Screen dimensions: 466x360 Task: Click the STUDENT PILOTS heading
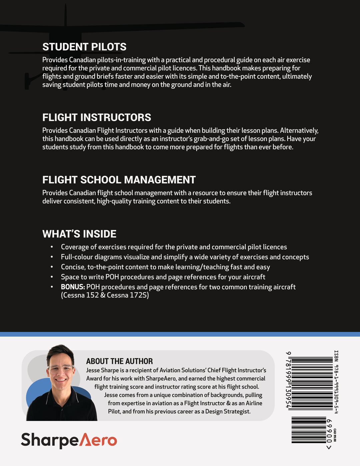84,47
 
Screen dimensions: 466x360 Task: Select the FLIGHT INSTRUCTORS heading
97,118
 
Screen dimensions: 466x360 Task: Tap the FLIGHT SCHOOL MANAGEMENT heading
119,180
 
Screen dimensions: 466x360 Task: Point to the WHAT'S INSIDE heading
79,234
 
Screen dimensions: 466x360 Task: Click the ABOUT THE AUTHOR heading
119,361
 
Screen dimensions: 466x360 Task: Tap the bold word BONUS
73,287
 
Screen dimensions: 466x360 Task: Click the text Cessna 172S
128,295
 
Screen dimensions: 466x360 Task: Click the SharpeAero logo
69,440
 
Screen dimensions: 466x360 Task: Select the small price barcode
308,430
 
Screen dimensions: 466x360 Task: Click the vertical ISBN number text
336,382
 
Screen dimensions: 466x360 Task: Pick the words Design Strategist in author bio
228,412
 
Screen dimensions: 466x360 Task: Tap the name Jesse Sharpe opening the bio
102,370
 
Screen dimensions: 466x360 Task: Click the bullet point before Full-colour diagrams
52,257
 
